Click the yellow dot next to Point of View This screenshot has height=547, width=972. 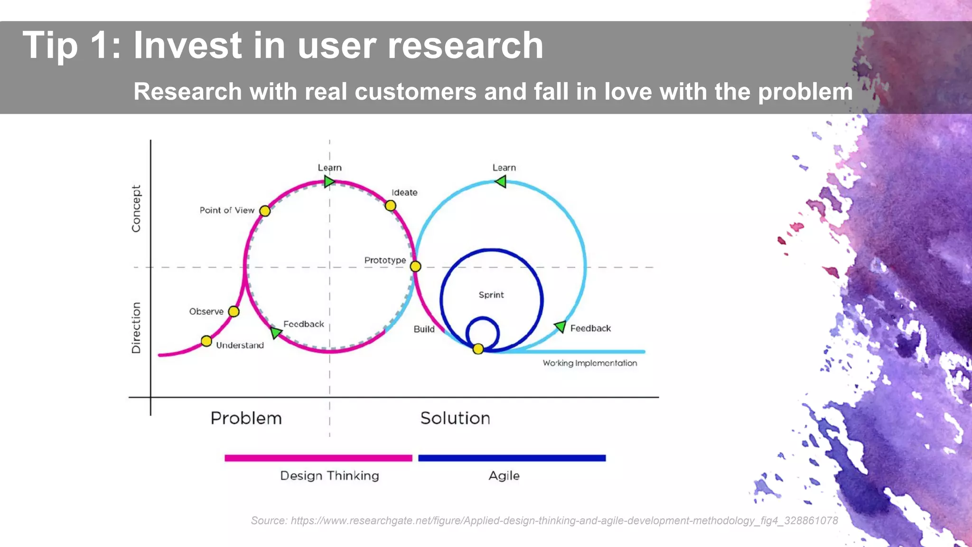tap(265, 211)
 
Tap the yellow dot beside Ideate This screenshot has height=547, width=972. tap(390, 206)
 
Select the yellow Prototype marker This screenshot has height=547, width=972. tap(415, 266)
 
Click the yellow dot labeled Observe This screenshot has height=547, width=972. tap(234, 311)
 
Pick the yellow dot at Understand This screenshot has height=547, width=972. tap(206, 341)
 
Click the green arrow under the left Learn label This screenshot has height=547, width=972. tap(329, 181)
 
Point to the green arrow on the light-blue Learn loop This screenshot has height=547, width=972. tap(501, 181)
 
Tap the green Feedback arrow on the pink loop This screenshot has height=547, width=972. tap(276, 332)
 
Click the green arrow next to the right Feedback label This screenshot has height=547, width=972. tap(561, 327)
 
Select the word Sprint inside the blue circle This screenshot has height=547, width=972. tap(491, 295)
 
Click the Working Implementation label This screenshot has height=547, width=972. tap(589, 363)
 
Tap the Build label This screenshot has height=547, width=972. tap(424, 329)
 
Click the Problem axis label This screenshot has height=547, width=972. tap(246, 418)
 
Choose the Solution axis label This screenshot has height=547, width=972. tap(455, 418)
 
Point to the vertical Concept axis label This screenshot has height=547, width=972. tap(136, 208)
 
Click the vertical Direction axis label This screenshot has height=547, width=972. tap(136, 328)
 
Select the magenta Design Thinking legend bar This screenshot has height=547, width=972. tap(318, 458)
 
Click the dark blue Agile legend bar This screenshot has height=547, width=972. tap(512, 458)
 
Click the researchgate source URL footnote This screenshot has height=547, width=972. tap(544, 520)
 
